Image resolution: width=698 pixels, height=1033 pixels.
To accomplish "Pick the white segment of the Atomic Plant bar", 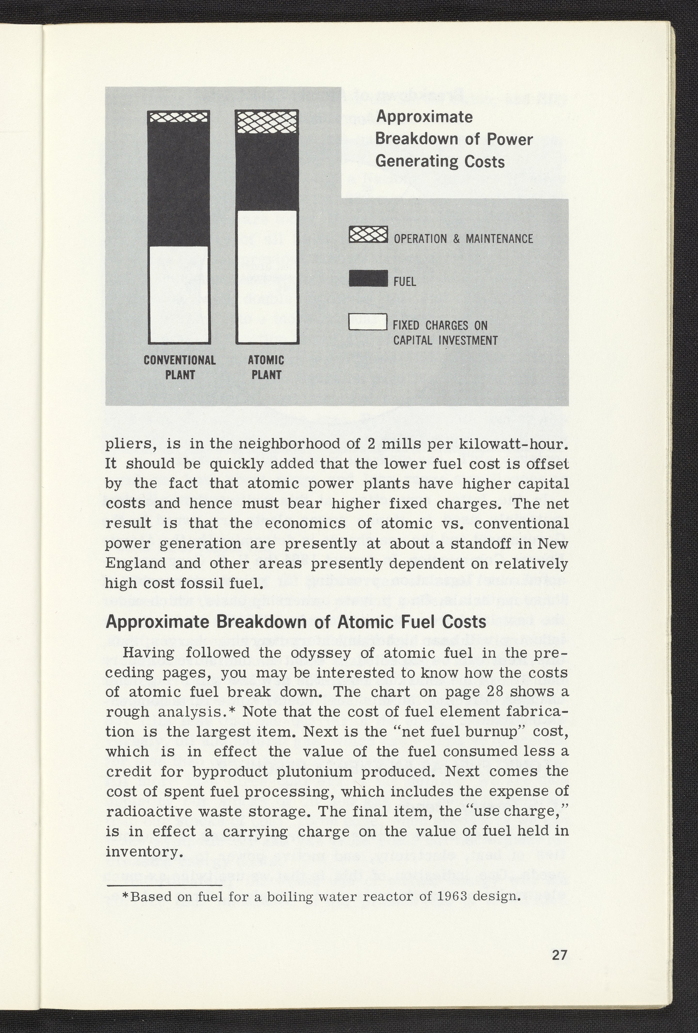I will pyautogui.click(x=267, y=276).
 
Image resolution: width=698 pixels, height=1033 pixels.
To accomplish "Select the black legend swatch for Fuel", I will pyautogui.click(x=368, y=278).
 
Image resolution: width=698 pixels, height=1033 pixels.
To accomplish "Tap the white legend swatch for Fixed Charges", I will pyautogui.click(x=368, y=322).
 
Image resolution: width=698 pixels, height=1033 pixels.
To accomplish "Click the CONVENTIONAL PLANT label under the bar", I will pyautogui.click(x=180, y=367).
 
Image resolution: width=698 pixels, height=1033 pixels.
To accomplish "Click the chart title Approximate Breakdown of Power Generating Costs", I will pyautogui.click(x=453, y=139).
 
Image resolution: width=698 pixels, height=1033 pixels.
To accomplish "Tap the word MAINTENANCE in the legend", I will pyautogui.click(x=499, y=239).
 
